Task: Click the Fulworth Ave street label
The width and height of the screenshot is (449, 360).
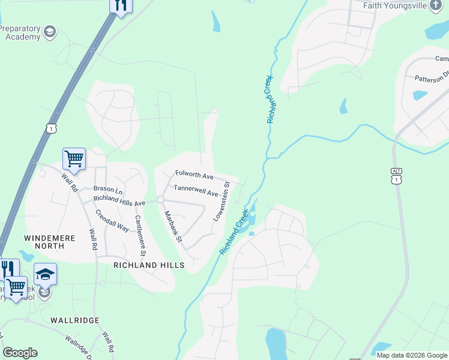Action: tap(194, 176)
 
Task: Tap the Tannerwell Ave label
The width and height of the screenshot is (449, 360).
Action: tap(196, 191)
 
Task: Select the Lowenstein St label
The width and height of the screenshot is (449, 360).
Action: tap(221, 202)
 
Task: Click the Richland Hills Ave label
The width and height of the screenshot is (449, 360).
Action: tap(119, 201)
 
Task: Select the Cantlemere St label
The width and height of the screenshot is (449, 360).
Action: tap(141, 235)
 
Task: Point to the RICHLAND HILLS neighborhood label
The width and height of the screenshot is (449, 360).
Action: tap(149, 265)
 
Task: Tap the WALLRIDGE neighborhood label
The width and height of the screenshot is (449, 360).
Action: tap(74, 320)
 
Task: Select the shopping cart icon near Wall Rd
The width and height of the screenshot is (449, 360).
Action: tap(74, 160)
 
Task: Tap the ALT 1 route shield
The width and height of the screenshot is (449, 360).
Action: tap(396, 176)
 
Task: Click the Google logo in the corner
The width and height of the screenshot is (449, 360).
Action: tap(20, 353)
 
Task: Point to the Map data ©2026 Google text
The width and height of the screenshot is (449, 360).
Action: tap(411, 355)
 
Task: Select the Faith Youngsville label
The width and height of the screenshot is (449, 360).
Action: tap(403, 5)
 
